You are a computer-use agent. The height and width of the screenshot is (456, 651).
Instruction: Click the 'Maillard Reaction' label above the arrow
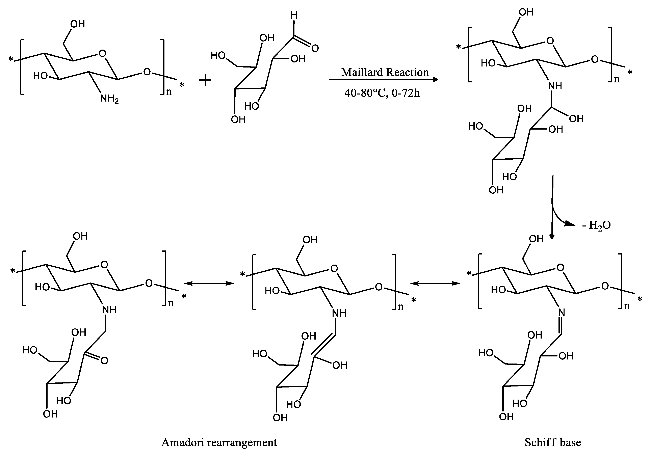tap(385, 72)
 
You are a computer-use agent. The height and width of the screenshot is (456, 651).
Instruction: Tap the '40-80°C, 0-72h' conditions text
tap(382, 93)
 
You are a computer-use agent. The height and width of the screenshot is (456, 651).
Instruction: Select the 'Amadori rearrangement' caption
tap(219, 442)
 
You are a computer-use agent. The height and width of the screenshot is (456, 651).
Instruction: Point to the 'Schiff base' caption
tap(553, 442)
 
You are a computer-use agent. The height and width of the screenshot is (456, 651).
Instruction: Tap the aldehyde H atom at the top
tap(294, 16)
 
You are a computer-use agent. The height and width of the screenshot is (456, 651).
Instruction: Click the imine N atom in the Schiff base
tap(561, 312)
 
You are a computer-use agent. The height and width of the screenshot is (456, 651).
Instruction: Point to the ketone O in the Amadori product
tap(104, 361)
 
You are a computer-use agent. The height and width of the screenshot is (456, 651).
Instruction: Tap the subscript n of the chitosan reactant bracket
tap(169, 92)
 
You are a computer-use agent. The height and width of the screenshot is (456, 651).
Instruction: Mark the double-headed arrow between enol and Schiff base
tap(435, 283)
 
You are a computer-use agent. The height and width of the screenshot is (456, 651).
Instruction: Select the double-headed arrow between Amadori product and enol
tap(209, 283)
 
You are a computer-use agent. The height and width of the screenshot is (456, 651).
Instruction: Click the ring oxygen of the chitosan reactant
tap(102, 53)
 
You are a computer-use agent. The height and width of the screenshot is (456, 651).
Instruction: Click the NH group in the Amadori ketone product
tap(109, 310)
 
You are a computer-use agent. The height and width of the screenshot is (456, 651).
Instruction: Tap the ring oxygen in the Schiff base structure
tap(560, 267)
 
